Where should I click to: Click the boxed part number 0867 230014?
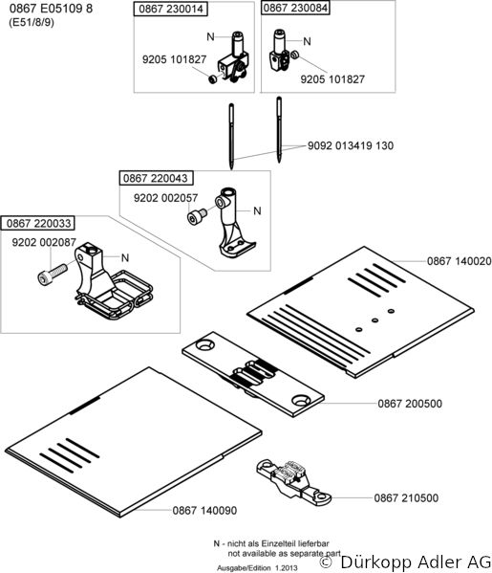pyautogui.click(x=171, y=9)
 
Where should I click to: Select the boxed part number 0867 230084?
pyautogui.click(x=295, y=8)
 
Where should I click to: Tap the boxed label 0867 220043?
pyautogui.click(x=156, y=178)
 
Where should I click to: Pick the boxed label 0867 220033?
pyautogui.click(x=38, y=223)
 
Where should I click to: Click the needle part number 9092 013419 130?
pyautogui.click(x=351, y=145)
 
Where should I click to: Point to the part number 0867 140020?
pyautogui.click(x=460, y=261)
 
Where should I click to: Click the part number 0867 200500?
pyautogui.click(x=410, y=404)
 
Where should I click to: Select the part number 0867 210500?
pyautogui.click(x=406, y=497)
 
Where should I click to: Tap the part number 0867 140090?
pyautogui.click(x=204, y=510)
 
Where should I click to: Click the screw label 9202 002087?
pyautogui.click(x=44, y=242)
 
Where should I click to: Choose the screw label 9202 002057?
pyautogui.click(x=165, y=198)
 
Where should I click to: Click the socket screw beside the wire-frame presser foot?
pyautogui.click(x=53, y=275)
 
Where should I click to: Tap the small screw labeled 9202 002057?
pyautogui.click(x=197, y=216)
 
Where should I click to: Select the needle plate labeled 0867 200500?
pyautogui.click(x=253, y=374)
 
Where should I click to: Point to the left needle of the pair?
pyautogui.click(x=231, y=136)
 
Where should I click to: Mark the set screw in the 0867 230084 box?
pyautogui.click(x=295, y=55)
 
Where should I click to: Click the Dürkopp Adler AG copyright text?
pyautogui.click(x=405, y=561)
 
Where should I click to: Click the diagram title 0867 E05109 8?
pyautogui.click(x=51, y=9)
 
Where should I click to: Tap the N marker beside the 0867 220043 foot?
pyautogui.click(x=257, y=210)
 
